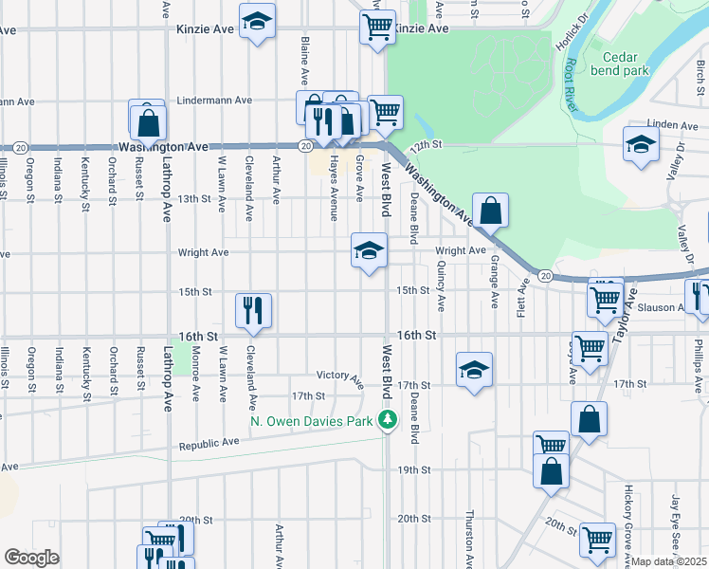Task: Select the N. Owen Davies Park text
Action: (314, 421)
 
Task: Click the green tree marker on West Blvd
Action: (387, 420)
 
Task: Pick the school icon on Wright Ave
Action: (369, 250)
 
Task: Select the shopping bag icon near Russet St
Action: (149, 122)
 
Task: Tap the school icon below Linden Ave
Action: (641, 144)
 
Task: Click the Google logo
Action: (31, 558)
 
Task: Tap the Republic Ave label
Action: (209, 442)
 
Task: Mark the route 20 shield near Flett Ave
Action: (545, 275)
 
